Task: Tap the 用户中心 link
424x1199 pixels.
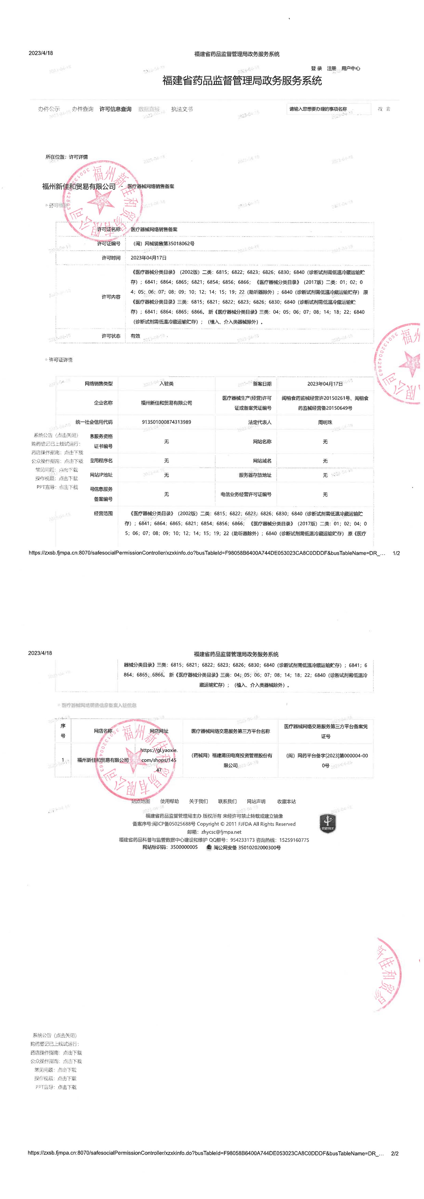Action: [x=351, y=68]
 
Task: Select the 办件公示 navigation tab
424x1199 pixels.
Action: [x=49, y=109]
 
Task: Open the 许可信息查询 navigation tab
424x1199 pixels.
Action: [x=115, y=109]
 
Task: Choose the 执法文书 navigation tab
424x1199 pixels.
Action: [x=181, y=109]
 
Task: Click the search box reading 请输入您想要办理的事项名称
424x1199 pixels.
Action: [x=328, y=109]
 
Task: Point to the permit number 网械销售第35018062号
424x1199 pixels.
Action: [x=163, y=243]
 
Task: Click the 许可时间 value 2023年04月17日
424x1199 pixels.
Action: [x=149, y=258]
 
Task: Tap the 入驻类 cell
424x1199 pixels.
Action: [x=166, y=384]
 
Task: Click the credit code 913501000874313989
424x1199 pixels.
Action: [x=166, y=422]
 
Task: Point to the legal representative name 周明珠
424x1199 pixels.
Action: [x=325, y=422]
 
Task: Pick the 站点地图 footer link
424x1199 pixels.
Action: [x=141, y=801]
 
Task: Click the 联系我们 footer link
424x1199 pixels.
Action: [x=227, y=801]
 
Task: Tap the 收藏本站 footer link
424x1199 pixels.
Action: [x=286, y=801]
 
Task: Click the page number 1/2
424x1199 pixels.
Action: [x=396, y=553]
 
